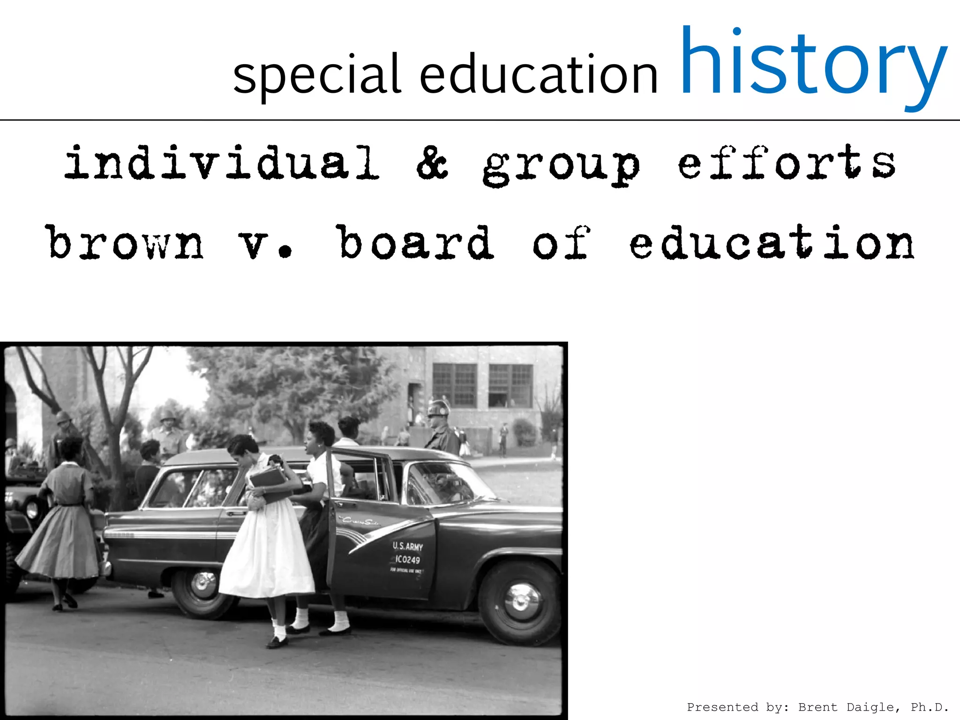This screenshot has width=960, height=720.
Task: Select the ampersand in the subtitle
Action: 432,163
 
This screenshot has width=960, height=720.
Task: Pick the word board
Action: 415,243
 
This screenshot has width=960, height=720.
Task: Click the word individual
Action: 222,163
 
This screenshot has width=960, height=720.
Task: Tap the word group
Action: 561,165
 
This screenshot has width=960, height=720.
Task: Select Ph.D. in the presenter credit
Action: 930,707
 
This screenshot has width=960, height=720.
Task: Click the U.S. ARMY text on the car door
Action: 407,547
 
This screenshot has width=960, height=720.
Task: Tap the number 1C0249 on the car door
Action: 407,560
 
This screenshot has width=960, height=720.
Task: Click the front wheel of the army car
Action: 519,602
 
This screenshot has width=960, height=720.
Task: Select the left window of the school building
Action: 454,385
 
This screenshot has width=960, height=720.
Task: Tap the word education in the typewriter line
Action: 772,243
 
